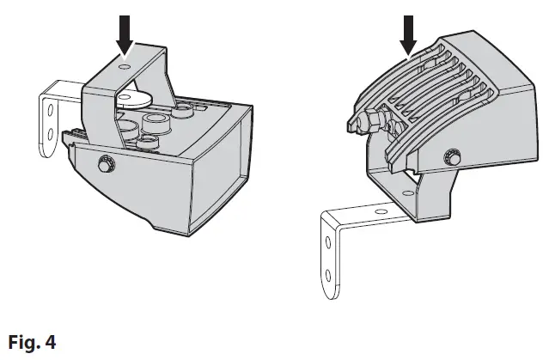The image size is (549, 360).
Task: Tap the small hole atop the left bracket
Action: [x=127, y=66]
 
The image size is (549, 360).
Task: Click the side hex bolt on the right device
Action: [x=450, y=156]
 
